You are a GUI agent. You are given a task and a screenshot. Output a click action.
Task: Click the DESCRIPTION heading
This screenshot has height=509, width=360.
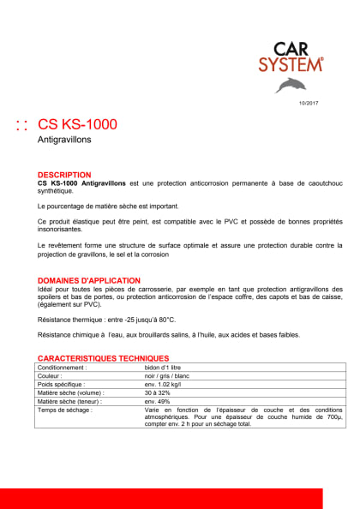pos(64,174)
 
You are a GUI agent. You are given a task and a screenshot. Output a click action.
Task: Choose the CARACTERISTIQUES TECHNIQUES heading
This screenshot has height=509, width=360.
pos(103,357)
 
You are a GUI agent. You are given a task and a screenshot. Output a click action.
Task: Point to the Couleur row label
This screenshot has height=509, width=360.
pos(51,375)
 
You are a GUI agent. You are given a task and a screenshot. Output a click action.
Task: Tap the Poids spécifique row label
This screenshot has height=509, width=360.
pos(62,384)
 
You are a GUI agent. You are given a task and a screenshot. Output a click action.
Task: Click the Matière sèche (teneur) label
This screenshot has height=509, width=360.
pos(70,401)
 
